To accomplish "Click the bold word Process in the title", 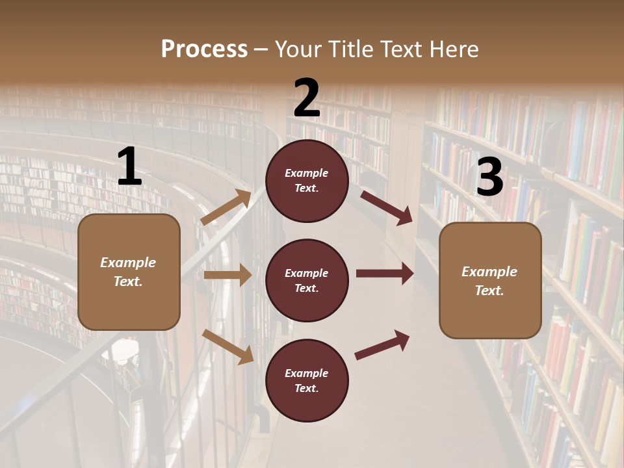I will pyautogui.click(x=204, y=49).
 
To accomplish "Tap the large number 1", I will pyautogui.click(x=129, y=167).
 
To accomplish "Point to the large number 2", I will pyautogui.click(x=307, y=98).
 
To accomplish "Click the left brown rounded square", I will pyautogui.click(x=129, y=272).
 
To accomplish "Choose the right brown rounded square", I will pyautogui.click(x=490, y=281).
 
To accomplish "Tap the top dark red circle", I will pyautogui.click(x=307, y=181).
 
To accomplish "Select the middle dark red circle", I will pyautogui.click(x=307, y=280).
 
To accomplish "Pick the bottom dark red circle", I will pyautogui.click(x=307, y=380).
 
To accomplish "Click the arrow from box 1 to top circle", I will pyautogui.click(x=226, y=207).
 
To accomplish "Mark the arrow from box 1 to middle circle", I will pyautogui.click(x=227, y=275).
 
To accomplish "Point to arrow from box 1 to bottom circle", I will pyautogui.click(x=227, y=346).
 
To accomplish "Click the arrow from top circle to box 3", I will pyautogui.click(x=386, y=207).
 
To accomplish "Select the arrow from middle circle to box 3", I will pyautogui.click(x=385, y=274).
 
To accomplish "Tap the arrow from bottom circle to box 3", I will pyautogui.click(x=382, y=345).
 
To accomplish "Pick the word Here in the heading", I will pyautogui.click(x=455, y=49).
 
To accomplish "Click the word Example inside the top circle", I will pyautogui.click(x=307, y=174).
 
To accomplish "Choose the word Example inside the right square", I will pyautogui.click(x=489, y=272).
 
